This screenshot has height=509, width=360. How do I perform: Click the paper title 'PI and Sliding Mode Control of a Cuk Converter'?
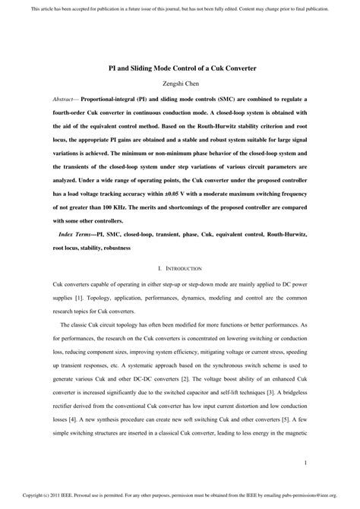click(180, 68)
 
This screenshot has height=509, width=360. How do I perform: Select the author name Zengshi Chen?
click(180, 84)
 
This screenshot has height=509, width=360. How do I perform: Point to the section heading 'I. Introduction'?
click(179, 268)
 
